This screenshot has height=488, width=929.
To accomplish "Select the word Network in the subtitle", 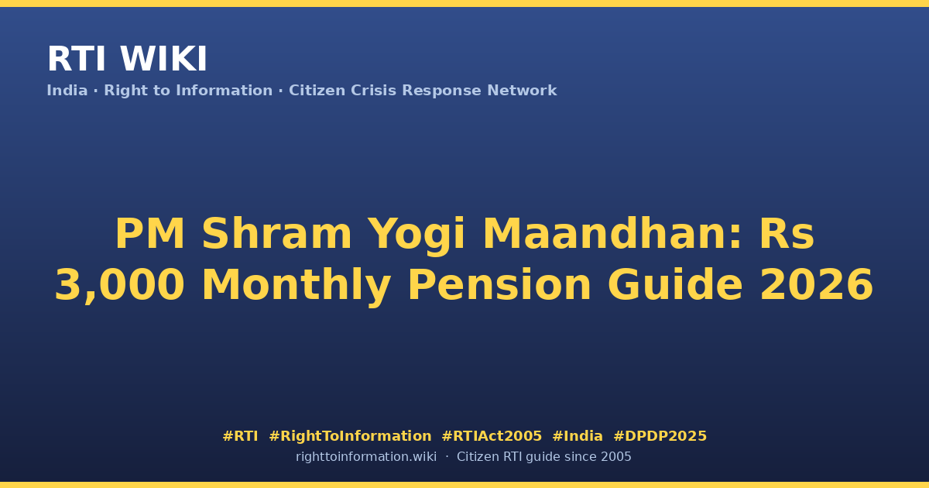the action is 522,91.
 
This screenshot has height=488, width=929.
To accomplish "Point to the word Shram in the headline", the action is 276,234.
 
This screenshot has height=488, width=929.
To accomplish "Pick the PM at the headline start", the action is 149,234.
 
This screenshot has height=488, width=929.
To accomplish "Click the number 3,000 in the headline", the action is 119,287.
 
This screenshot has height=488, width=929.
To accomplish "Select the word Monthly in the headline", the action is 296,287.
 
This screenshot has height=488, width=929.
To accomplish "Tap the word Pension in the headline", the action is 499,285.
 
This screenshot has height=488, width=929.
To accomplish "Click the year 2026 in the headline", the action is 817,285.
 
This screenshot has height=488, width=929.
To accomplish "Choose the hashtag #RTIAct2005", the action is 492,436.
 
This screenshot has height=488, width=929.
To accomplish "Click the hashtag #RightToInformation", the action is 350,437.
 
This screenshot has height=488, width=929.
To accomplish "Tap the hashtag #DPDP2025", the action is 660,436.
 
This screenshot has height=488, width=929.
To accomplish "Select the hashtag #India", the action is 578,436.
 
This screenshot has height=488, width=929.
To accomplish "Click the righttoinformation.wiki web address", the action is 365,457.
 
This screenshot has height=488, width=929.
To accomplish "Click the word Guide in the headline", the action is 675,285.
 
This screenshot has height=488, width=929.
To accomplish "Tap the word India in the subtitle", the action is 67,91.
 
